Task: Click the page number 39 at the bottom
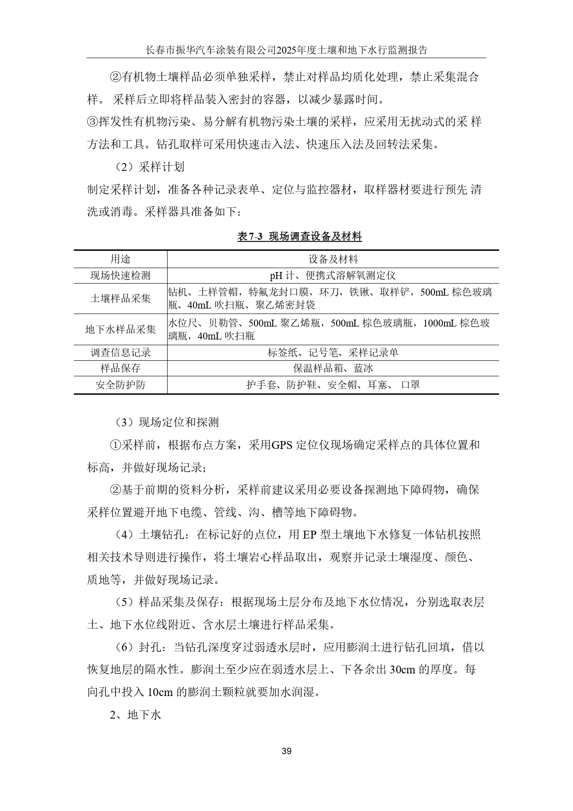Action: [x=286, y=751]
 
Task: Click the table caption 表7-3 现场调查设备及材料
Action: [x=299, y=237]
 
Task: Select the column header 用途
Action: [x=120, y=259]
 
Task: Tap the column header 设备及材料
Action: [x=333, y=259]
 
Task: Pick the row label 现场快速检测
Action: [x=120, y=276]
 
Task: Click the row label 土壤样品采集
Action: [x=120, y=298]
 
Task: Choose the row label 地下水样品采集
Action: [x=120, y=329]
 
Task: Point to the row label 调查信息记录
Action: [x=120, y=353]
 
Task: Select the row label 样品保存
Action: [x=120, y=368]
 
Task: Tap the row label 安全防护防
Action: [x=120, y=385]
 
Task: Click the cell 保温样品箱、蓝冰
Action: [x=333, y=368]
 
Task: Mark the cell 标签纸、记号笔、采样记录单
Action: [x=333, y=353]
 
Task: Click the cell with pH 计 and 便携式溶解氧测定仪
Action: [x=333, y=276]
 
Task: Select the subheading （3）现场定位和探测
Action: [x=167, y=422]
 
